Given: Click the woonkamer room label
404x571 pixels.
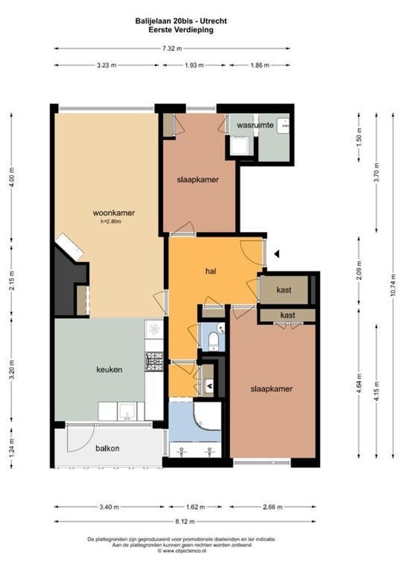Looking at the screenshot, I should (114, 213).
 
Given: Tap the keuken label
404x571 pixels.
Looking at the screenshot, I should (109, 370).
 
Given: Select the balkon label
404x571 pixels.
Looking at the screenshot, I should (107, 448).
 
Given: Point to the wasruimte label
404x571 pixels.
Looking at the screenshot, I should (255, 126).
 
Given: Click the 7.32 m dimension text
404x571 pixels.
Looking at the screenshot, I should (172, 49).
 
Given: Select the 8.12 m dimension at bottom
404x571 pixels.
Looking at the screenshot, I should (185, 521).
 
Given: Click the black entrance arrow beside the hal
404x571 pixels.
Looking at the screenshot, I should (276, 254).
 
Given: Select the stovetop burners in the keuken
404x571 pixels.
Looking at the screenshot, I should (153, 361).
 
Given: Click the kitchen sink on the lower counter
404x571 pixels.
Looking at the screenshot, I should (127, 411).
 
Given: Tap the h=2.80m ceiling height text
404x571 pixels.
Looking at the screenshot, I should (111, 222).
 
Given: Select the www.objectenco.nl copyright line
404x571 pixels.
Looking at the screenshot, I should (181, 550).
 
